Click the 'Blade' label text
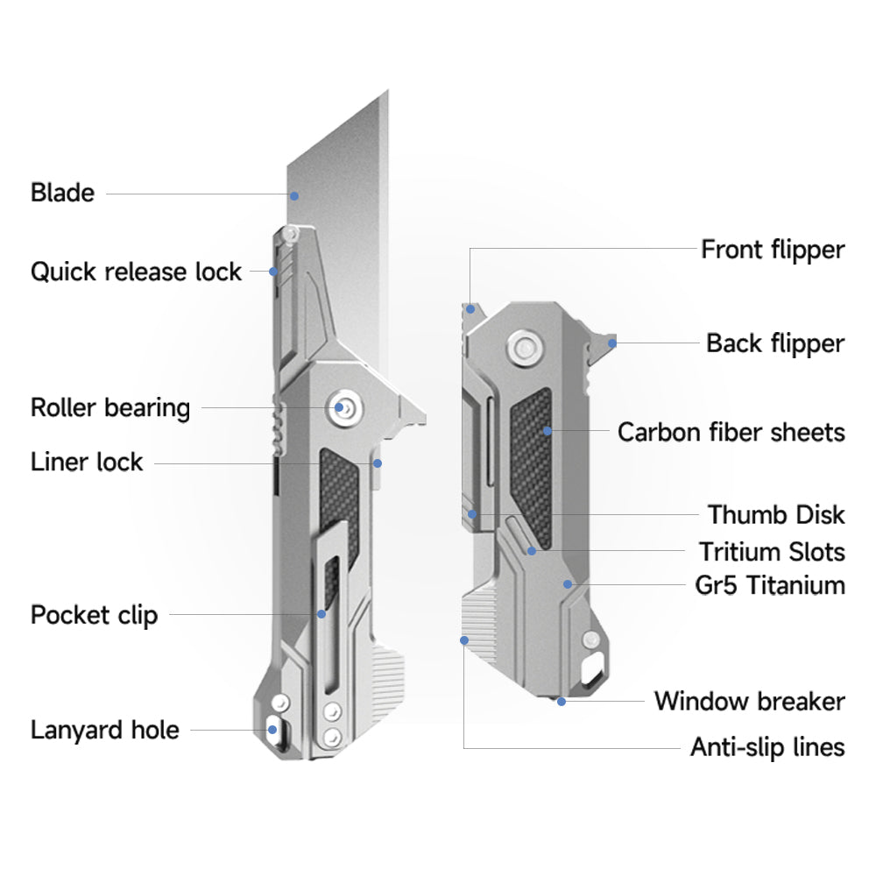[62, 192]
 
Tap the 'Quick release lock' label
[136, 272]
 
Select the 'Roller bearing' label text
[110, 407]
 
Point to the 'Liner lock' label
[87, 462]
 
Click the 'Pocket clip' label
[95, 614]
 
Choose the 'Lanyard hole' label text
[105, 730]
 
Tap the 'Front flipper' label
[773, 250]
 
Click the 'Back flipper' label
[775, 343]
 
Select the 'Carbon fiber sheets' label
[731, 432]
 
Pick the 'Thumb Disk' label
[776, 514]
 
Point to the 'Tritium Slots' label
[772, 552]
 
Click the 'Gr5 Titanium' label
[770, 585]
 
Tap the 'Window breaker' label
[749, 702]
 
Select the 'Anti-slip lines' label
[767, 747]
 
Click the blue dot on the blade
[295, 195]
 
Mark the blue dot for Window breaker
[562, 701]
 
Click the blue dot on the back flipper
[612, 343]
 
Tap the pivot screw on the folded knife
[526, 347]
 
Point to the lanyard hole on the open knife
[272, 728]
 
